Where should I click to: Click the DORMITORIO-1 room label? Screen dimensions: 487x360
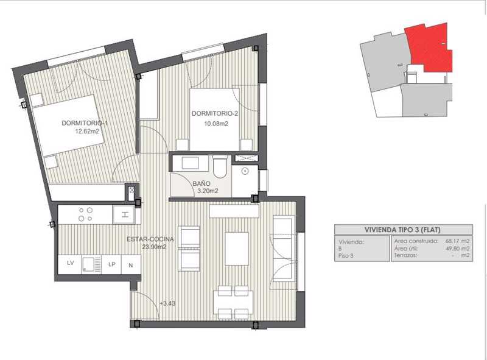[x=85, y=123]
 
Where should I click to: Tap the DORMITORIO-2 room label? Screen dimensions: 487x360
[x=215, y=113]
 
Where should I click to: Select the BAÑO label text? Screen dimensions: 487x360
[x=201, y=184]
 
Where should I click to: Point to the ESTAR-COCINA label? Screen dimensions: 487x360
[x=150, y=239]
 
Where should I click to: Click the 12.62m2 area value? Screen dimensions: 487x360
[x=87, y=131]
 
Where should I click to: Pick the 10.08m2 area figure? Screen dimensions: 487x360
[x=216, y=124]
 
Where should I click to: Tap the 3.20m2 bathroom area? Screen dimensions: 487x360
[x=208, y=191]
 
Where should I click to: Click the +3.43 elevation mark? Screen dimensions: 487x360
[x=167, y=303]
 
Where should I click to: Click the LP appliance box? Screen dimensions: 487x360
[x=112, y=264]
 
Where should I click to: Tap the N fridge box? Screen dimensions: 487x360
[x=131, y=265]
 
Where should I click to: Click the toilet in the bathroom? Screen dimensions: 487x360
[x=220, y=167]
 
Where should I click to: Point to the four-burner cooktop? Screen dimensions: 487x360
[x=85, y=214]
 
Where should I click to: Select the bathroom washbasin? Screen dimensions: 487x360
[x=190, y=163]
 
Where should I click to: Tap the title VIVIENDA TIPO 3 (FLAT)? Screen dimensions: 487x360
[x=402, y=230]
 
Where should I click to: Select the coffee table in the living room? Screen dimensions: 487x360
[x=237, y=249]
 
